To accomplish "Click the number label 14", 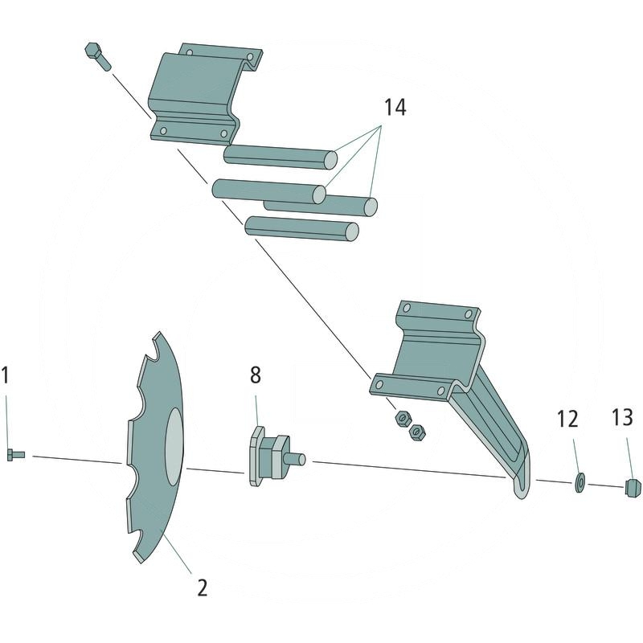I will [394, 108].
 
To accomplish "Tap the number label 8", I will [255, 375].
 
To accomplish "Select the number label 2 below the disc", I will [202, 588].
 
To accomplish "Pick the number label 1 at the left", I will [6, 375].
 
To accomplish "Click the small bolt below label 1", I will [15, 455].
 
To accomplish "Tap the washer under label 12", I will [578, 483].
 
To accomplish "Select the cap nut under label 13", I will [633, 486].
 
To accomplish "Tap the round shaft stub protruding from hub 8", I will [297, 460].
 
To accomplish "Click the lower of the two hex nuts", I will [416, 432].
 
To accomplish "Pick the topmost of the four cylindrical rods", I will [280, 156].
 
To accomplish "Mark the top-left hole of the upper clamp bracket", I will [190, 53].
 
